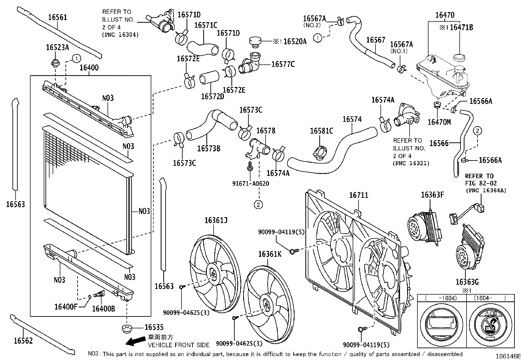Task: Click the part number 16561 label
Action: [58, 17]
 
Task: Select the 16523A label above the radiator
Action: [57, 47]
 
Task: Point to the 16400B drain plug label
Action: [103, 308]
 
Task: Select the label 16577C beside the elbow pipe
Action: [283, 64]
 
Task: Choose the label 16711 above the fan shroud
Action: [359, 195]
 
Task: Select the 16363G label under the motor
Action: [467, 282]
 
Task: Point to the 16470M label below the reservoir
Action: [439, 122]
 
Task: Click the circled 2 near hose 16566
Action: [477, 131]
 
